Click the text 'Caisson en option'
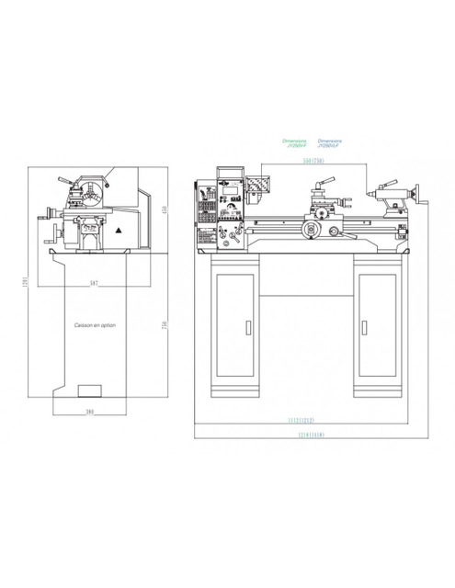94,325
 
